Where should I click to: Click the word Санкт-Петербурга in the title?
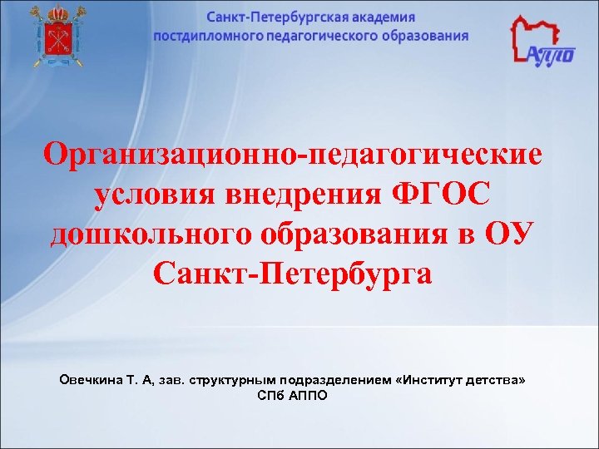click(x=293, y=272)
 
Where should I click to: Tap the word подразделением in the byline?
click(x=336, y=379)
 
